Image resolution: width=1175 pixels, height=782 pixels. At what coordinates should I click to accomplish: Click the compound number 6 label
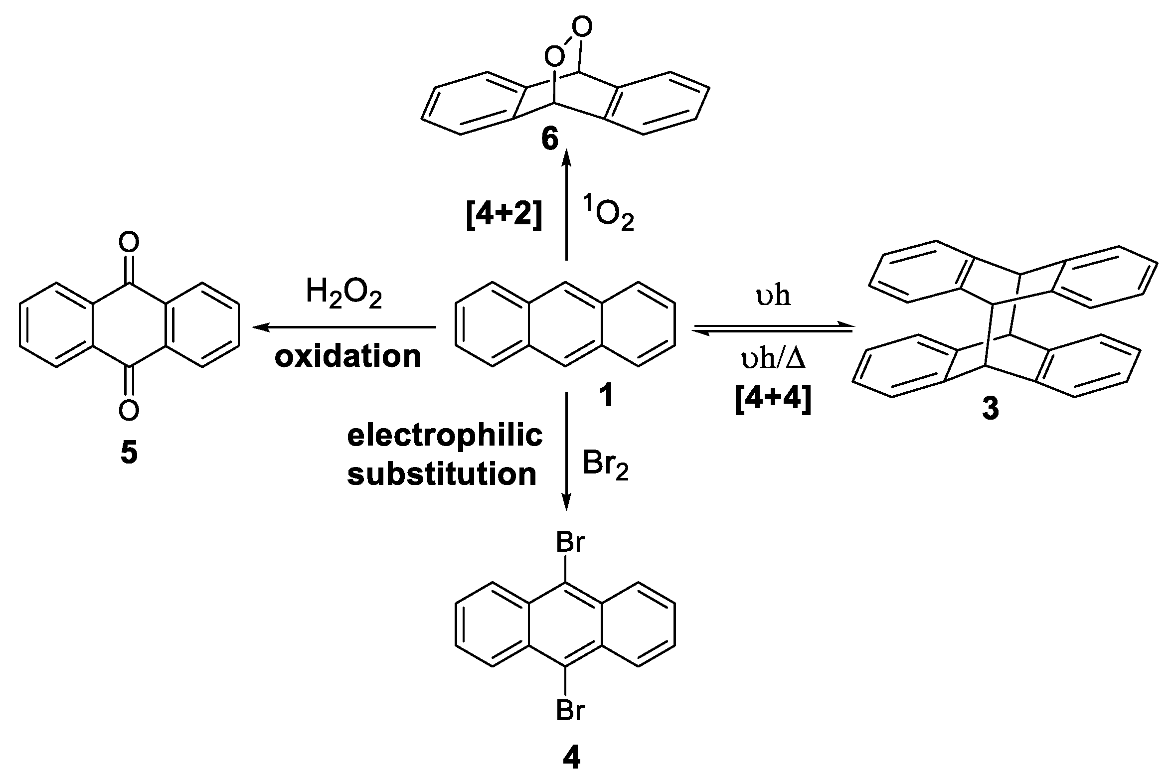tap(549, 139)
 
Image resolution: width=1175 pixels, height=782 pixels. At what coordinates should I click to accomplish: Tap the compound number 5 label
tap(129, 453)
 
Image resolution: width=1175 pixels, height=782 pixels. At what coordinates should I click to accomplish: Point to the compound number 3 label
tap(990, 408)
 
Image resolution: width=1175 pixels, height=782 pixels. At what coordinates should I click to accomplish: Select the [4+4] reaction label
tap(773, 400)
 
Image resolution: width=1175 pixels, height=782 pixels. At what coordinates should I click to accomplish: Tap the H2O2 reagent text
tap(343, 294)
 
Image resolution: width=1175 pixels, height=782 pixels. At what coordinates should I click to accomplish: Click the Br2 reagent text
tap(606, 466)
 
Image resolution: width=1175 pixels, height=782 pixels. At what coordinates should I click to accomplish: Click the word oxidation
tap(347, 356)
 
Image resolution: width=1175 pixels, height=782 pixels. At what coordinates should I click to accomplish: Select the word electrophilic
tap(445, 436)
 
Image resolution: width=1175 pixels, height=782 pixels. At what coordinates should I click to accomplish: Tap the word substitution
tap(442, 474)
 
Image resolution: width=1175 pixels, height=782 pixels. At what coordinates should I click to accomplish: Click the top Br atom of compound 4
tap(570, 542)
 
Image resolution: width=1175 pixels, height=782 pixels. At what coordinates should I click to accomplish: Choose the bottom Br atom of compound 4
tap(570, 710)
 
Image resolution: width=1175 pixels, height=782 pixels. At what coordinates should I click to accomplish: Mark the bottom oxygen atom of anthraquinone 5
tap(129, 410)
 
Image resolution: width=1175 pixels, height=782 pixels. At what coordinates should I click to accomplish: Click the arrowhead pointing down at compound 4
tap(566, 505)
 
